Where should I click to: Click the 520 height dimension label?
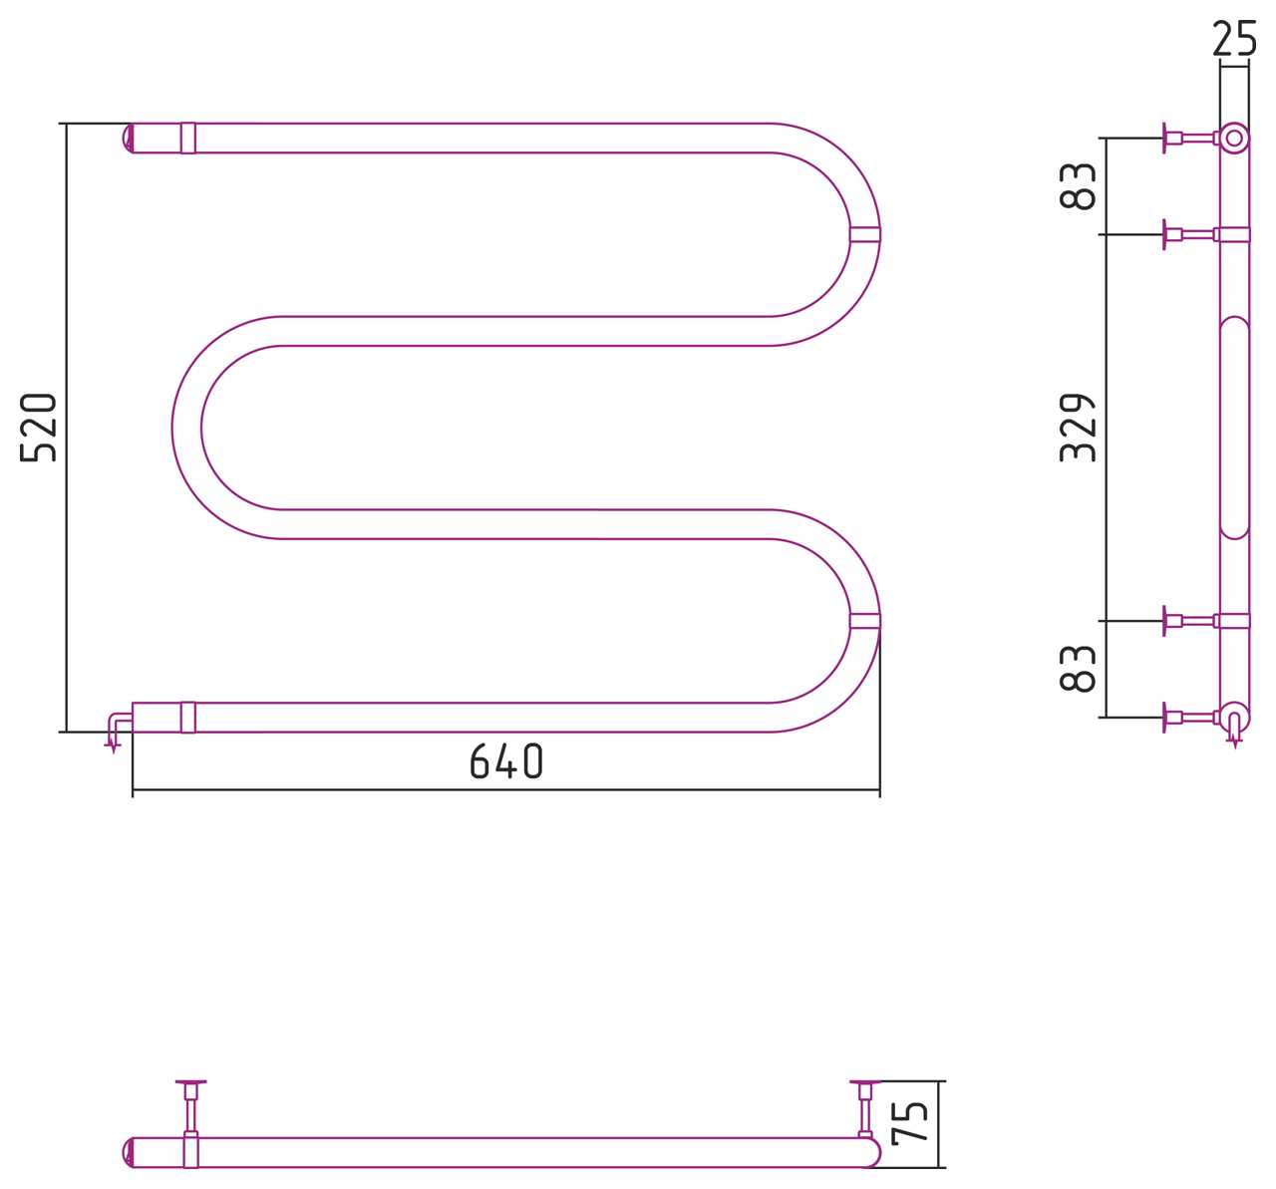[39, 428]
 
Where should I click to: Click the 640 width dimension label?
[506, 761]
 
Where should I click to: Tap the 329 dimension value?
[1078, 428]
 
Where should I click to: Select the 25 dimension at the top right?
[1234, 38]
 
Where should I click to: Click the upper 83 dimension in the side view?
[1078, 186]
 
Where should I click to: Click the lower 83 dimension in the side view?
[1078, 669]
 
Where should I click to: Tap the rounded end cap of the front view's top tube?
[128, 139]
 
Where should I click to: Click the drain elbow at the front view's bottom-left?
[119, 729]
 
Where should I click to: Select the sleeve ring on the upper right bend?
[865, 234]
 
